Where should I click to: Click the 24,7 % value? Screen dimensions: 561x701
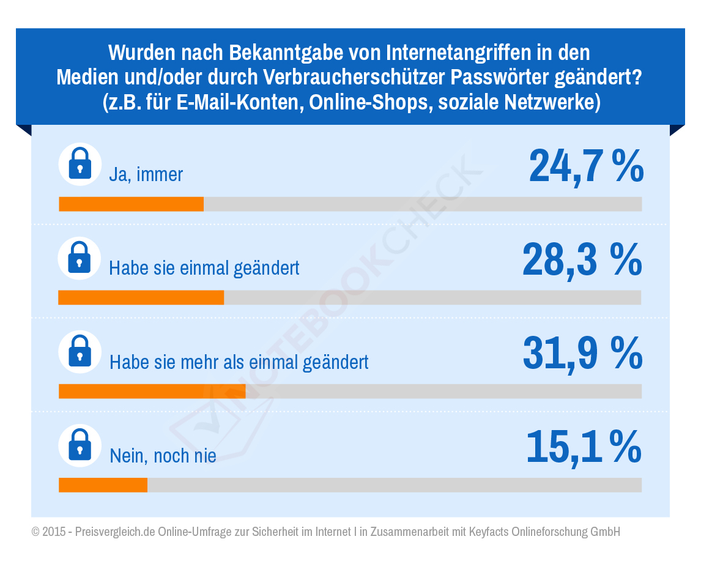pos(585,166)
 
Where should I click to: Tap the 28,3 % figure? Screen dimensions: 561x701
pos(582,260)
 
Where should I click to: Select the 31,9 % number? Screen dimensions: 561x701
pos(582,354)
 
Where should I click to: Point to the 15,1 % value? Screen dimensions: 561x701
pos(583,447)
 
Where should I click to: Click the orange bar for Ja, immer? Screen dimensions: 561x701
pos(131,204)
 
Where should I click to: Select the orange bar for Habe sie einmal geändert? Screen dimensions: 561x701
pos(141,297)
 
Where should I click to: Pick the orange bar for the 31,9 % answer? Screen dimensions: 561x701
pos(152,391)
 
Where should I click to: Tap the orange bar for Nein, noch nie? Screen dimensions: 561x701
pos(103,485)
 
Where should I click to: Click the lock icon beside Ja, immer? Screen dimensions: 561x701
pos(80,165)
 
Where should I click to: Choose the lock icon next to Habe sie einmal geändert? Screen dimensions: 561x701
pos(80,258)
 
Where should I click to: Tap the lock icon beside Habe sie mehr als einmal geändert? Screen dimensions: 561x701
pos(80,352)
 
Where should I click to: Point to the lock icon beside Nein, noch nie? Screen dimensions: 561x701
pos(80,445)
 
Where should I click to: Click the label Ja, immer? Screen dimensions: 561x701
pos(146,175)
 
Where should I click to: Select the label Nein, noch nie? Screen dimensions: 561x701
pos(162,455)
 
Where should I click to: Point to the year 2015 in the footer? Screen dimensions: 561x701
pos(53,532)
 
